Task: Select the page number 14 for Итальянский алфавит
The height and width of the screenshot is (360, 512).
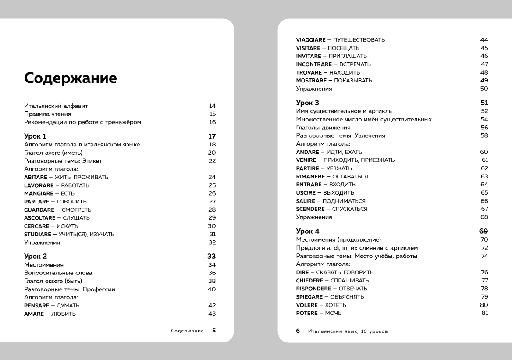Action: pos(212,106)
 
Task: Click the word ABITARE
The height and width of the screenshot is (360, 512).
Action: pos(35,177)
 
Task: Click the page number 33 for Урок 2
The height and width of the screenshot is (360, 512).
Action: pos(212,256)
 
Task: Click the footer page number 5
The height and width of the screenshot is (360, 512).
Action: pos(214,331)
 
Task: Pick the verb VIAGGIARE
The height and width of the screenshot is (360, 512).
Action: pos(311,40)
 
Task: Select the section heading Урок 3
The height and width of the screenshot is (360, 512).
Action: pos(307,103)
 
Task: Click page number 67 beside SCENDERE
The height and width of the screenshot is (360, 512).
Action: pos(484,209)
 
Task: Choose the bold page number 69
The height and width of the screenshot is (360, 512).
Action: pos(484,231)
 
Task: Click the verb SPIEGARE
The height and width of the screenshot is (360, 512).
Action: pos(310,297)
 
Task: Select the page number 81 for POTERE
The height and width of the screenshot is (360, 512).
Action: pos(484,313)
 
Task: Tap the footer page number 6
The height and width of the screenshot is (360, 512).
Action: pos(298,331)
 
